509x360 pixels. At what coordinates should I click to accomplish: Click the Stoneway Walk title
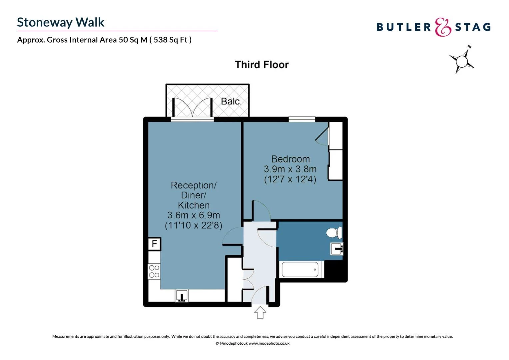(60, 22)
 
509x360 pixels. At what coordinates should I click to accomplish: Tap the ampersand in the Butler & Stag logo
(443, 27)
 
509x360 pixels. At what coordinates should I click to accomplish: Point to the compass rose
(462, 60)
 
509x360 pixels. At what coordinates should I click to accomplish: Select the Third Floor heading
(262, 65)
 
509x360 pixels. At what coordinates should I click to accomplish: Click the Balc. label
(231, 101)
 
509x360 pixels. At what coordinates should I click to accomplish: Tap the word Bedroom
(290, 159)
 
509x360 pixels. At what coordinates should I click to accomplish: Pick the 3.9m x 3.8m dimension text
(290, 169)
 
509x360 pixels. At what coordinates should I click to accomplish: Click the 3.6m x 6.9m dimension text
(194, 215)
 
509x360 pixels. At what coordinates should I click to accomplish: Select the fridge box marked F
(155, 244)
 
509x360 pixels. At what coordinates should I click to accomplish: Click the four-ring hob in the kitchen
(154, 272)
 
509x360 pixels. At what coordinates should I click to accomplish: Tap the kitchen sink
(182, 296)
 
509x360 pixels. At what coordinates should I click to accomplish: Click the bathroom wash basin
(337, 249)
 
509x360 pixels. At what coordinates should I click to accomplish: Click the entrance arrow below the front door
(260, 312)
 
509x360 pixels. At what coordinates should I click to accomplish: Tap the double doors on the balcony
(192, 107)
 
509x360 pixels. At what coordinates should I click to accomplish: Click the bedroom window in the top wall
(302, 119)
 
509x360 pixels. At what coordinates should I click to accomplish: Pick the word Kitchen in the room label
(194, 205)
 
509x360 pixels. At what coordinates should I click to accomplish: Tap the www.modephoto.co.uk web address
(269, 343)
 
